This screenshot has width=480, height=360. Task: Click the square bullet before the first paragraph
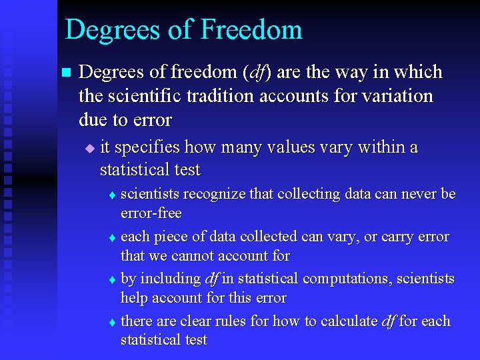click(x=65, y=72)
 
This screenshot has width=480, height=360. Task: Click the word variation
click(x=397, y=96)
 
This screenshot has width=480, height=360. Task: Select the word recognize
click(x=214, y=194)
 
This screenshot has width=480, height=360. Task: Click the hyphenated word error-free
click(x=151, y=213)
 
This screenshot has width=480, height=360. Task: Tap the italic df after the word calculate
click(x=389, y=321)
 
